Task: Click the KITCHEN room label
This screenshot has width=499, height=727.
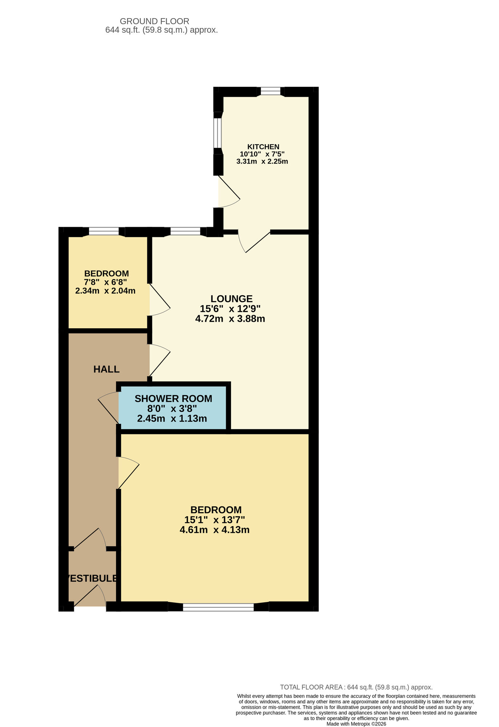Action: (263, 147)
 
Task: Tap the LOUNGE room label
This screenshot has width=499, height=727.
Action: (232, 299)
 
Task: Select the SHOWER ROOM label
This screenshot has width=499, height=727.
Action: (173, 399)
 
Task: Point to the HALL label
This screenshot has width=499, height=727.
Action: (107, 369)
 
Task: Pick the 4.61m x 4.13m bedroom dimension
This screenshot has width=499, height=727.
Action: (215, 530)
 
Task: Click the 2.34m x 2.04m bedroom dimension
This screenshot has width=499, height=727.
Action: (105, 291)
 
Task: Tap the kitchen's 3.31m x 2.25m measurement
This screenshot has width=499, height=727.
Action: (262, 161)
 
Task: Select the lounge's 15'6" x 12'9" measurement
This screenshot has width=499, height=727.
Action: (230, 309)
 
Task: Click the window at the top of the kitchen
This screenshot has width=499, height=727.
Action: (271, 91)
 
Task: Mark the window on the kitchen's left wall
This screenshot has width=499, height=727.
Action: (217, 133)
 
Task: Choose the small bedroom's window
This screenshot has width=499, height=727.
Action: (104, 232)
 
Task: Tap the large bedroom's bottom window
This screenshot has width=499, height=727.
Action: (218, 607)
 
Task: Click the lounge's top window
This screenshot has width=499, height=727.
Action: (185, 232)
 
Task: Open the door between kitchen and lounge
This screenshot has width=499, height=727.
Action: (255, 241)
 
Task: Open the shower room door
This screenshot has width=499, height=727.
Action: (108, 409)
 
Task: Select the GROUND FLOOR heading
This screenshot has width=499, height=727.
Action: (155, 21)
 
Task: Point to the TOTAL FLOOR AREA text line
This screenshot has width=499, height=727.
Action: (356, 687)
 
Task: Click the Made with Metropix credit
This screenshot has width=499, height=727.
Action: (356, 724)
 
